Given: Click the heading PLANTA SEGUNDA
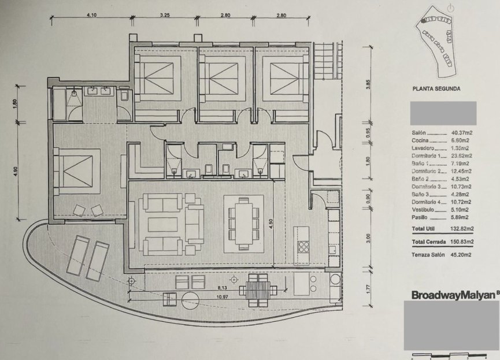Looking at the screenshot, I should point(436,89).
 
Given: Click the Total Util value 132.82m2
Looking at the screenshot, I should point(462,231).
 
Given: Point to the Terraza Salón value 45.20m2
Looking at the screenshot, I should point(462,255).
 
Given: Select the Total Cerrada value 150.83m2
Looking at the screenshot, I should point(462,242).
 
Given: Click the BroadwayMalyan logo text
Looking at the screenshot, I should point(453,295).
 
